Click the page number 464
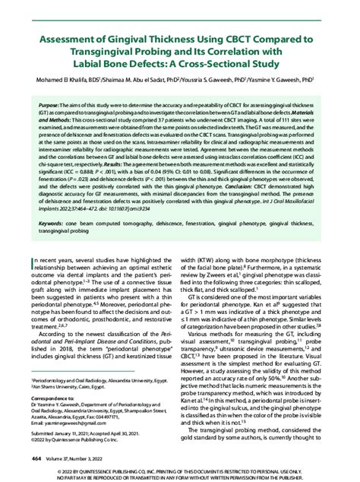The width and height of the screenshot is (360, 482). click(36, 458)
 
